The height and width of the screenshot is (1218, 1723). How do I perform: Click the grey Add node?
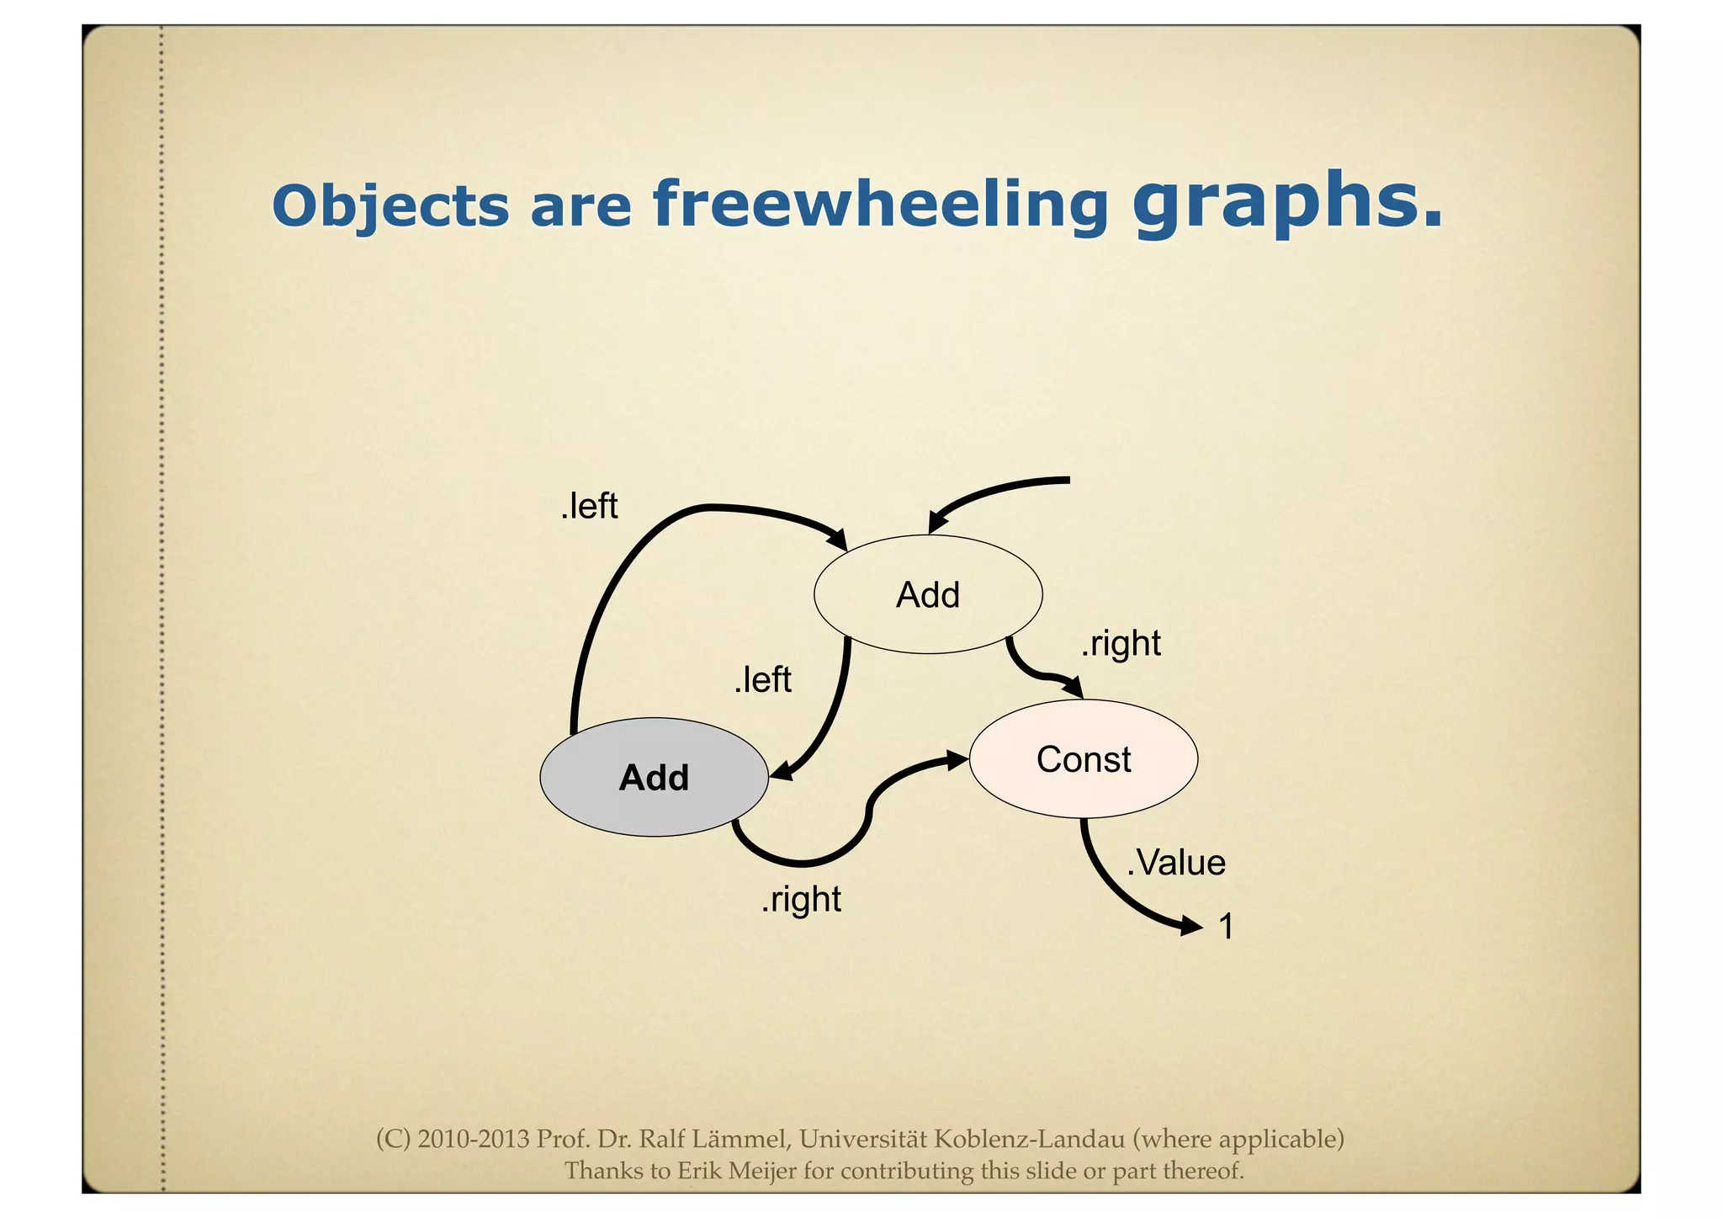654,777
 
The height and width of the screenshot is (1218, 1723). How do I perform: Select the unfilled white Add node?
928,594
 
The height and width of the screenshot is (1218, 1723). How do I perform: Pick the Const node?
1084,758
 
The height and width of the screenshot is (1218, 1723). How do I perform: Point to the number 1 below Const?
1227,926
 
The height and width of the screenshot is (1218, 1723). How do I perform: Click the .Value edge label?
1175,863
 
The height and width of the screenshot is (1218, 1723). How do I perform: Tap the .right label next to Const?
1121,644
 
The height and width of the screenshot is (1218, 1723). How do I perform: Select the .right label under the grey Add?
801,900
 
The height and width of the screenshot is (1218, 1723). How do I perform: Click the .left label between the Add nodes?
762,680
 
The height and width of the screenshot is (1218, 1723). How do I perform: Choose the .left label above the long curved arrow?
589,507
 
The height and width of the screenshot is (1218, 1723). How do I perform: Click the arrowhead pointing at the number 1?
1193,927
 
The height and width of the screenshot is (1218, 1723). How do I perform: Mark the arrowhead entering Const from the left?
958,760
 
